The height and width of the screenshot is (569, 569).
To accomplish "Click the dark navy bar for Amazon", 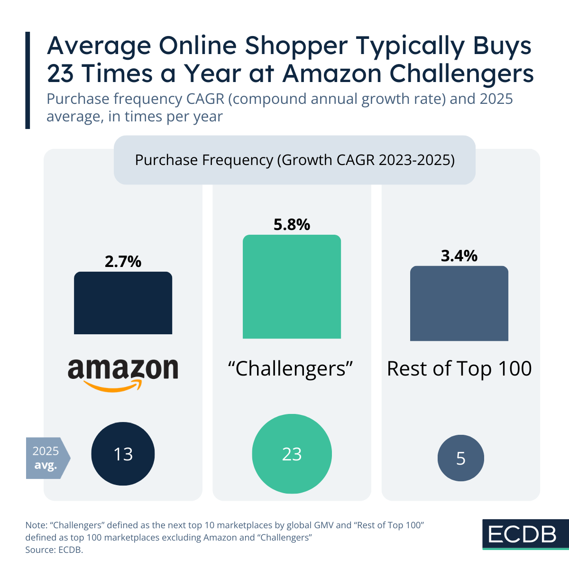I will click(x=123, y=303).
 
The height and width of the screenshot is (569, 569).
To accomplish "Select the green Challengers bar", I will click(x=292, y=287).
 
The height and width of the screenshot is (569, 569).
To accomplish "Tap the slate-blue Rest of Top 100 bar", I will click(x=459, y=303).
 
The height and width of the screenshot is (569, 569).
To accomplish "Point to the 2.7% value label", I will click(x=123, y=261).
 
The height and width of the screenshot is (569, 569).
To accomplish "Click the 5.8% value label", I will click(x=292, y=224).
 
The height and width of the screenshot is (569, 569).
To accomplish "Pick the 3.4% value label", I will click(x=459, y=256).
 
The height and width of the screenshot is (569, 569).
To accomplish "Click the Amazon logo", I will click(x=123, y=372).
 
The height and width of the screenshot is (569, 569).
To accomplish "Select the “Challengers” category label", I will click(x=292, y=368).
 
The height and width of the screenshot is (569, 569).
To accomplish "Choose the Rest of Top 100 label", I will click(x=459, y=368).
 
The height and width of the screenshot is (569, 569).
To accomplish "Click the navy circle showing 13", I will click(x=123, y=454).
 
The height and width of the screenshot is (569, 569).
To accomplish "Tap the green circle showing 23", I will click(x=292, y=454).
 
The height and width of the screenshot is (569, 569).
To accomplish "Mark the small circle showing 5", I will click(x=460, y=458).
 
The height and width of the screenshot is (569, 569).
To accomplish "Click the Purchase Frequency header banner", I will click(x=294, y=160).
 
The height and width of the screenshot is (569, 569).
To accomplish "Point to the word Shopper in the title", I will click(x=296, y=46).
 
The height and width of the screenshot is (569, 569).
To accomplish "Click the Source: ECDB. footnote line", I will click(x=54, y=550).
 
